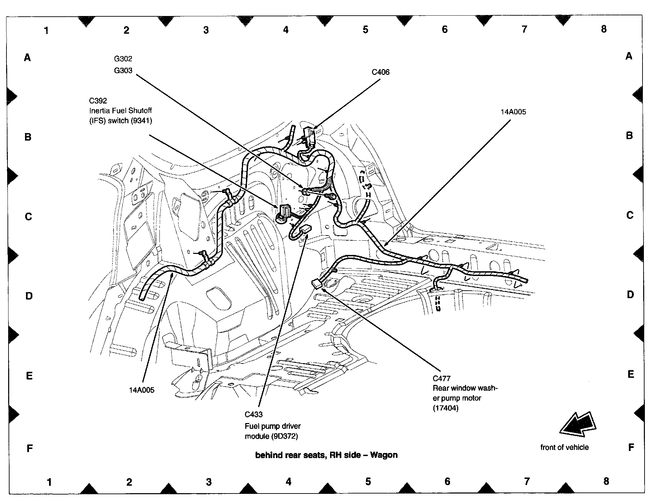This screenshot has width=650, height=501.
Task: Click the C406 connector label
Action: [380, 72]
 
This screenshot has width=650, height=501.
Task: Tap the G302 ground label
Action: [123, 59]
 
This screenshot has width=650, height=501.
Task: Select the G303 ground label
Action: [123, 70]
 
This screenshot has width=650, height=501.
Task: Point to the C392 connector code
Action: [98, 101]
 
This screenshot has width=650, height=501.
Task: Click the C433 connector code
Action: [253, 415]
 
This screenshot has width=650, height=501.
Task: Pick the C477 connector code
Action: [442, 378]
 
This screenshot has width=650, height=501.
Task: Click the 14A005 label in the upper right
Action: [513, 112]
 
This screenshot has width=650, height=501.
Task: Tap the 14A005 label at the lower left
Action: [141, 390]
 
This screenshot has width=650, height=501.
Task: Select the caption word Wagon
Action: [384, 455]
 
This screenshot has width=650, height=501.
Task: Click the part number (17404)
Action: [446, 408]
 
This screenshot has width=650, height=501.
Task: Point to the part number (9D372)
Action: [284, 436]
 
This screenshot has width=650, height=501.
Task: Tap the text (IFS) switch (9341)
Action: [121, 120]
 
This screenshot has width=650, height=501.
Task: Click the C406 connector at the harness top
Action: [309, 135]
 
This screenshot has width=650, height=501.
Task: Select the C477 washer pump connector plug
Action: [317, 283]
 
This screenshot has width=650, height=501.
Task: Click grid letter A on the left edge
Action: [27, 58]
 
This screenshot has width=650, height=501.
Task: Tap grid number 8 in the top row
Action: [604, 29]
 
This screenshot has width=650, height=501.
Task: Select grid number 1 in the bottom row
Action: [50, 482]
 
